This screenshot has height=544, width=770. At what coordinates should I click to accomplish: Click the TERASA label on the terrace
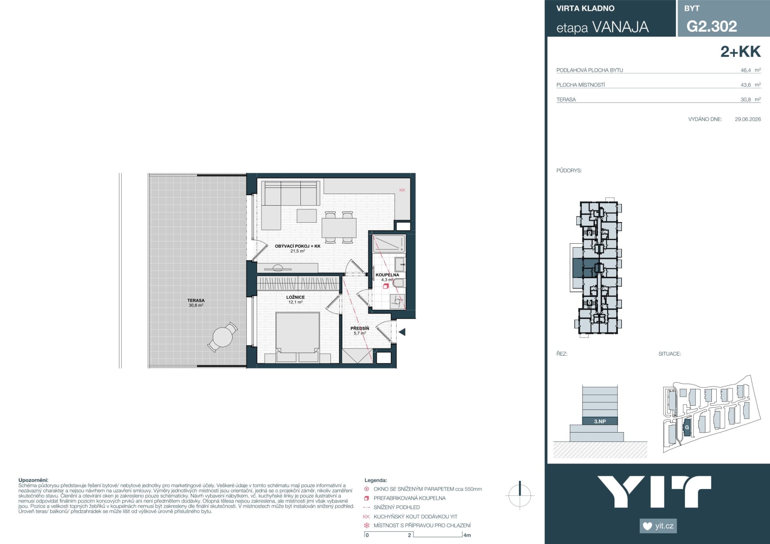(196, 300)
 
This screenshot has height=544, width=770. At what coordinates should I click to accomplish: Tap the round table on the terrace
(223, 337)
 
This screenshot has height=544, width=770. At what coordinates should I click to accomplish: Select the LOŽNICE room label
(296, 297)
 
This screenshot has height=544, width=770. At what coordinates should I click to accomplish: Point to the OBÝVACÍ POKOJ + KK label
(298, 246)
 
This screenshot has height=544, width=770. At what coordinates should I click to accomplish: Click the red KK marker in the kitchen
(402, 190)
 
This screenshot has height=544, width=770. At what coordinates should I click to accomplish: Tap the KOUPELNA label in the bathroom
(387, 275)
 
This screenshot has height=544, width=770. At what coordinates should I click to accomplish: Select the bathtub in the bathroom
(389, 243)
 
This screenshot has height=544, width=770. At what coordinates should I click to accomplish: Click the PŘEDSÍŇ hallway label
(360, 328)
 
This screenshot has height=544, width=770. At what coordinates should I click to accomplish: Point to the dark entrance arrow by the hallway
(402, 332)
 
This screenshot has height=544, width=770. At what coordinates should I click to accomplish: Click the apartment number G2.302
(711, 26)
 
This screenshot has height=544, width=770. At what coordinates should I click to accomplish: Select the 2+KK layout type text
(740, 52)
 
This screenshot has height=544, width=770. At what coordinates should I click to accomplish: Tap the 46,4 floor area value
(746, 70)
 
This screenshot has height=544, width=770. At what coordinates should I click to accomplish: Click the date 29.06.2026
(748, 119)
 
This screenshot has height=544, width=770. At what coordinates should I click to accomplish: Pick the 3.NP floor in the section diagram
(600, 421)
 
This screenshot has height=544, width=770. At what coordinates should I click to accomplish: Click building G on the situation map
(687, 427)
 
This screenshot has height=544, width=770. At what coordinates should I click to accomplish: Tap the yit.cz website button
(658, 526)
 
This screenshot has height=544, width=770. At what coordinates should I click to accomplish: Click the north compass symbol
(520, 495)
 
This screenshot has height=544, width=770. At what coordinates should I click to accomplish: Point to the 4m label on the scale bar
(467, 535)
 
